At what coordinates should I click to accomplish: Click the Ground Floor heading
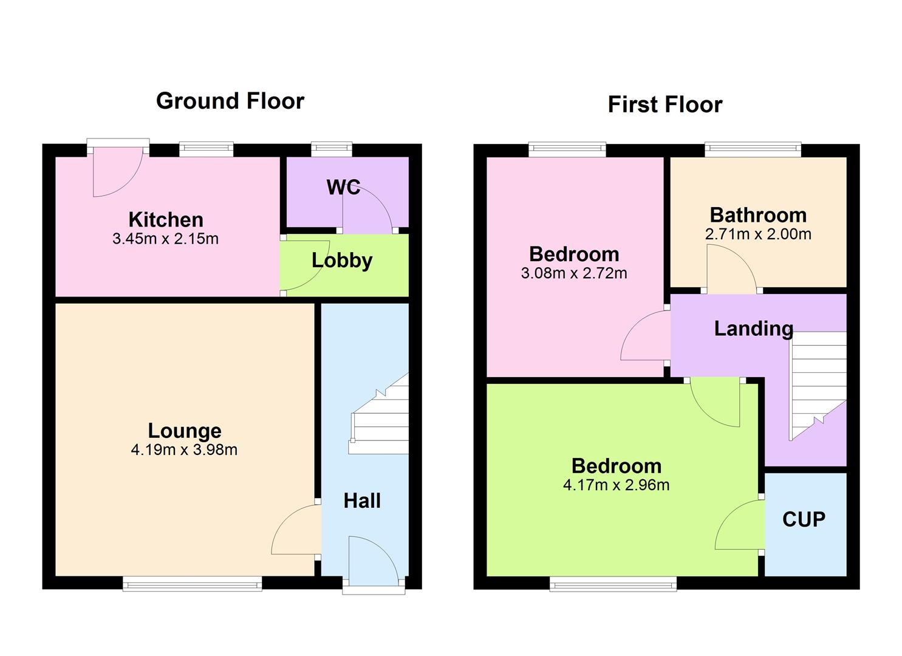pyautogui.click(x=230, y=101)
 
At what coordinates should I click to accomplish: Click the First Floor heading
pyautogui.click(x=665, y=104)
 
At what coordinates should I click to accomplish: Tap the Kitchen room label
pyautogui.click(x=166, y=219)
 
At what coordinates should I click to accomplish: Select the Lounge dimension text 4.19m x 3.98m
pyautogui.click(x=184, y=450)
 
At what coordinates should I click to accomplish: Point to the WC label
pyautogui.click(x=343, y=187)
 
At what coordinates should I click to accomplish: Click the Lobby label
pyautogui.click(x=342, y=260)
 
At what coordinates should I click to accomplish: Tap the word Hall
pyautogui.click(x=362, y=501)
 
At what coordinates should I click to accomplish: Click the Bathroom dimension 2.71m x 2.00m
pyautogui.click(x=758, y=234)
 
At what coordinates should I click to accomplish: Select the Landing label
pyautogui.click(x=753, y=329)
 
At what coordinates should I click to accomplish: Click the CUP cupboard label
pyautogui.click(x=804, y=519)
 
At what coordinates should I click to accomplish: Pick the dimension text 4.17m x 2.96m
pyautogui.click(x=616, y=485)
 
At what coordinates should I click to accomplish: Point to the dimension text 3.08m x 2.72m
pyautogui.click(x=574, y=273)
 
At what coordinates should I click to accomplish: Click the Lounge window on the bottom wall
pyautogui.click(x=192, y=584)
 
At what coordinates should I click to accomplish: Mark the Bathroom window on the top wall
pyautogui.click(x=752, y=149)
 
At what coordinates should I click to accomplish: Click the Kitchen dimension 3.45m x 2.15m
pyautogui.click(x=165, y=239)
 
